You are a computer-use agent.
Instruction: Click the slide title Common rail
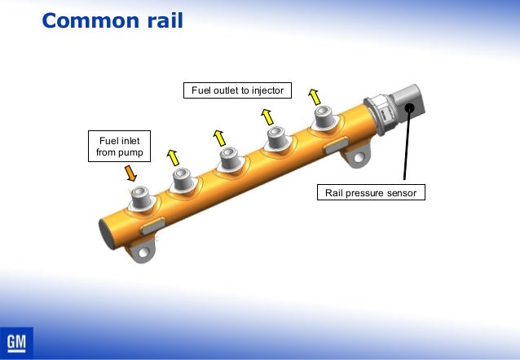click(x=112, y=20)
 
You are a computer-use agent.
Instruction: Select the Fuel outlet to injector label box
click(x=237, y=90)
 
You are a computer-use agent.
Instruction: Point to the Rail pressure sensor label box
click(x=371, y=193)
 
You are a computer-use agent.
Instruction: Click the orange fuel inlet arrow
click(x=130, y=172)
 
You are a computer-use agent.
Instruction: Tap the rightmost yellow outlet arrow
click(x=314, y=96)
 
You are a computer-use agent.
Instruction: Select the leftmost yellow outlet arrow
click(x=173, y=155)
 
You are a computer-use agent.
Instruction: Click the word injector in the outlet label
click(x=265, y=90)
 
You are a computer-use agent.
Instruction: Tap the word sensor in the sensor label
click(x=401, y=193)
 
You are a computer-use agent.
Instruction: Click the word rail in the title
click(x=163, y=20)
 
